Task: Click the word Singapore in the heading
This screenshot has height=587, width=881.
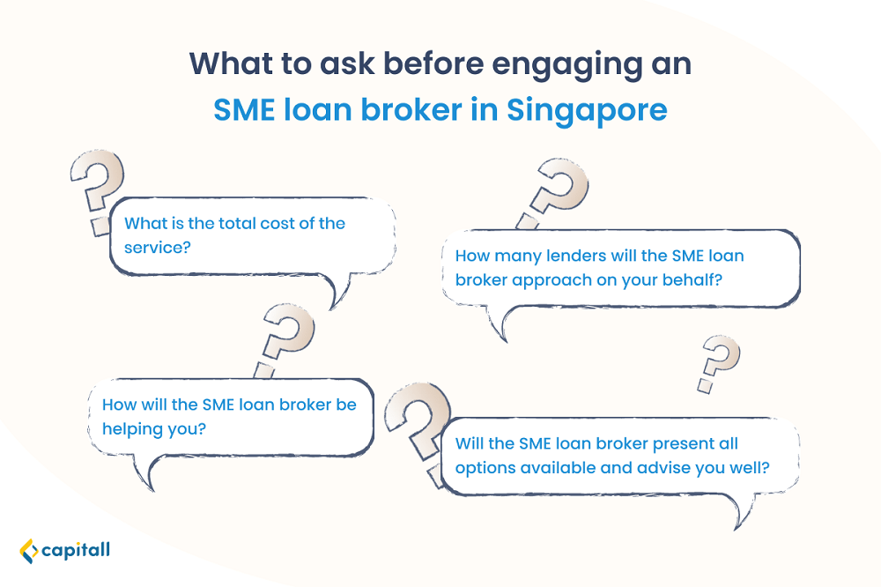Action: click(x=587, y=111)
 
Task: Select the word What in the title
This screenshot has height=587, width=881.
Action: click(x=230, y=63)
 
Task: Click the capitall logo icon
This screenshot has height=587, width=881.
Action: click(x=29, y=551)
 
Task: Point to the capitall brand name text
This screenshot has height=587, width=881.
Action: click(x=76, y=550)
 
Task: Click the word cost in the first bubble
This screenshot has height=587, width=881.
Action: click(x=278, y=223)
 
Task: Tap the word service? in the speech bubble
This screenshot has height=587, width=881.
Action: click(x=158, y=248)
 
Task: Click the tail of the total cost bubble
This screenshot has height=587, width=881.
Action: click(x=339, y=290)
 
